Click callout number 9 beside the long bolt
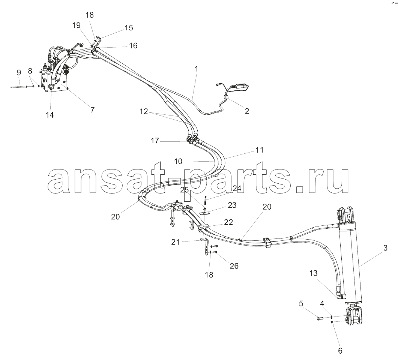coord(19,72)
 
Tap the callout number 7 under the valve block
coord(92,109)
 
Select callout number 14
coord(50,115)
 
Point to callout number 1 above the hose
coord(196,69)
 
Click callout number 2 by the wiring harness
coord(247,111)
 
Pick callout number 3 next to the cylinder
coord(385,248)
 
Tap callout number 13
coord(314,273)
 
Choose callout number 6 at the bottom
coord(340,351)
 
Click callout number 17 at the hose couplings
coord(155,141)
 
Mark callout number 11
coord(260,150)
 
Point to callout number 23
coord(232,205)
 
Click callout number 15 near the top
coord(129,28)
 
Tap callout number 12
coord(144,111)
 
